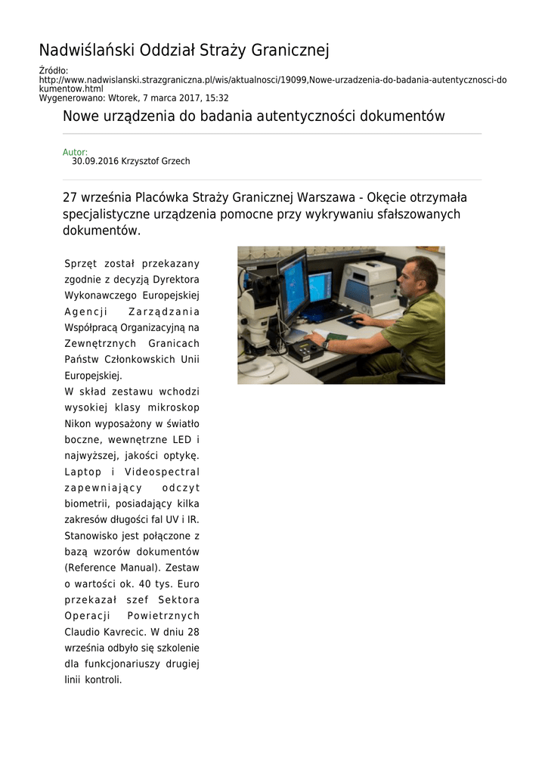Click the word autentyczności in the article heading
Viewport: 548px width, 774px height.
302,116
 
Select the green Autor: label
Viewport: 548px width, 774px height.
75,152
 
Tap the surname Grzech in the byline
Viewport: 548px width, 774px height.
175,162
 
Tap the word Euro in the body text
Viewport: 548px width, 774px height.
188,584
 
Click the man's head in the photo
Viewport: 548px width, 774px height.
420,276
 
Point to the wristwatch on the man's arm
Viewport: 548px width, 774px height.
326,343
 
